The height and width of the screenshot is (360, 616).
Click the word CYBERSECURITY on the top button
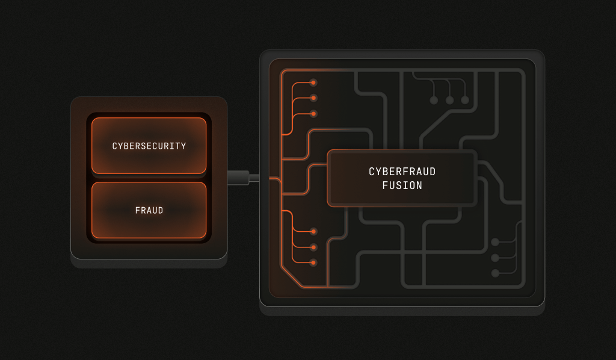coord(149,146)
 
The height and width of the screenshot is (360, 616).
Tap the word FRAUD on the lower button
coord(149,211)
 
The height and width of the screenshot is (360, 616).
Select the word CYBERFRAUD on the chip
coord(402,172)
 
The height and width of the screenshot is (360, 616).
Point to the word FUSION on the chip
coord(402,185)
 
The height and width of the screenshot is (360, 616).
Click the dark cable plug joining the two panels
coord(238,178)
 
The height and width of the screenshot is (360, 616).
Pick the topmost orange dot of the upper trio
coord(313,82)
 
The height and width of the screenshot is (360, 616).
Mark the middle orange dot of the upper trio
coord(313,98)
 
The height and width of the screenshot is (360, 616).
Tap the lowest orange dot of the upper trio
coord(313,114)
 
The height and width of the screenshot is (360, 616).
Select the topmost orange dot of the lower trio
coord(313,231)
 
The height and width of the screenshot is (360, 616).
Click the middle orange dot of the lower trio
coord(313,247)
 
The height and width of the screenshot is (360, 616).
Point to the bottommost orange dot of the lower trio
coord(313,262)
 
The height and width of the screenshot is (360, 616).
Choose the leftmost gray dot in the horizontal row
coord(434,100)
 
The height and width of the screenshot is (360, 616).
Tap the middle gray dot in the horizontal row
coord(449,100)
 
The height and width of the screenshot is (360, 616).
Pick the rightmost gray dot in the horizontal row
coord(465,100)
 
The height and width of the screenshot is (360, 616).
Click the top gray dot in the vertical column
coord(495,242)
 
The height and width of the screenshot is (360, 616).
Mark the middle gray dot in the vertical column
coord(495,258)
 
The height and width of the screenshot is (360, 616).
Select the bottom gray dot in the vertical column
coord(495,273)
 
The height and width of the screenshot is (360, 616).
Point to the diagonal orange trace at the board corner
coord(291,276)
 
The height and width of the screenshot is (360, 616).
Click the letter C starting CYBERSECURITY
coord(115,146)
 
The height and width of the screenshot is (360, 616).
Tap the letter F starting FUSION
coord(385,185)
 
